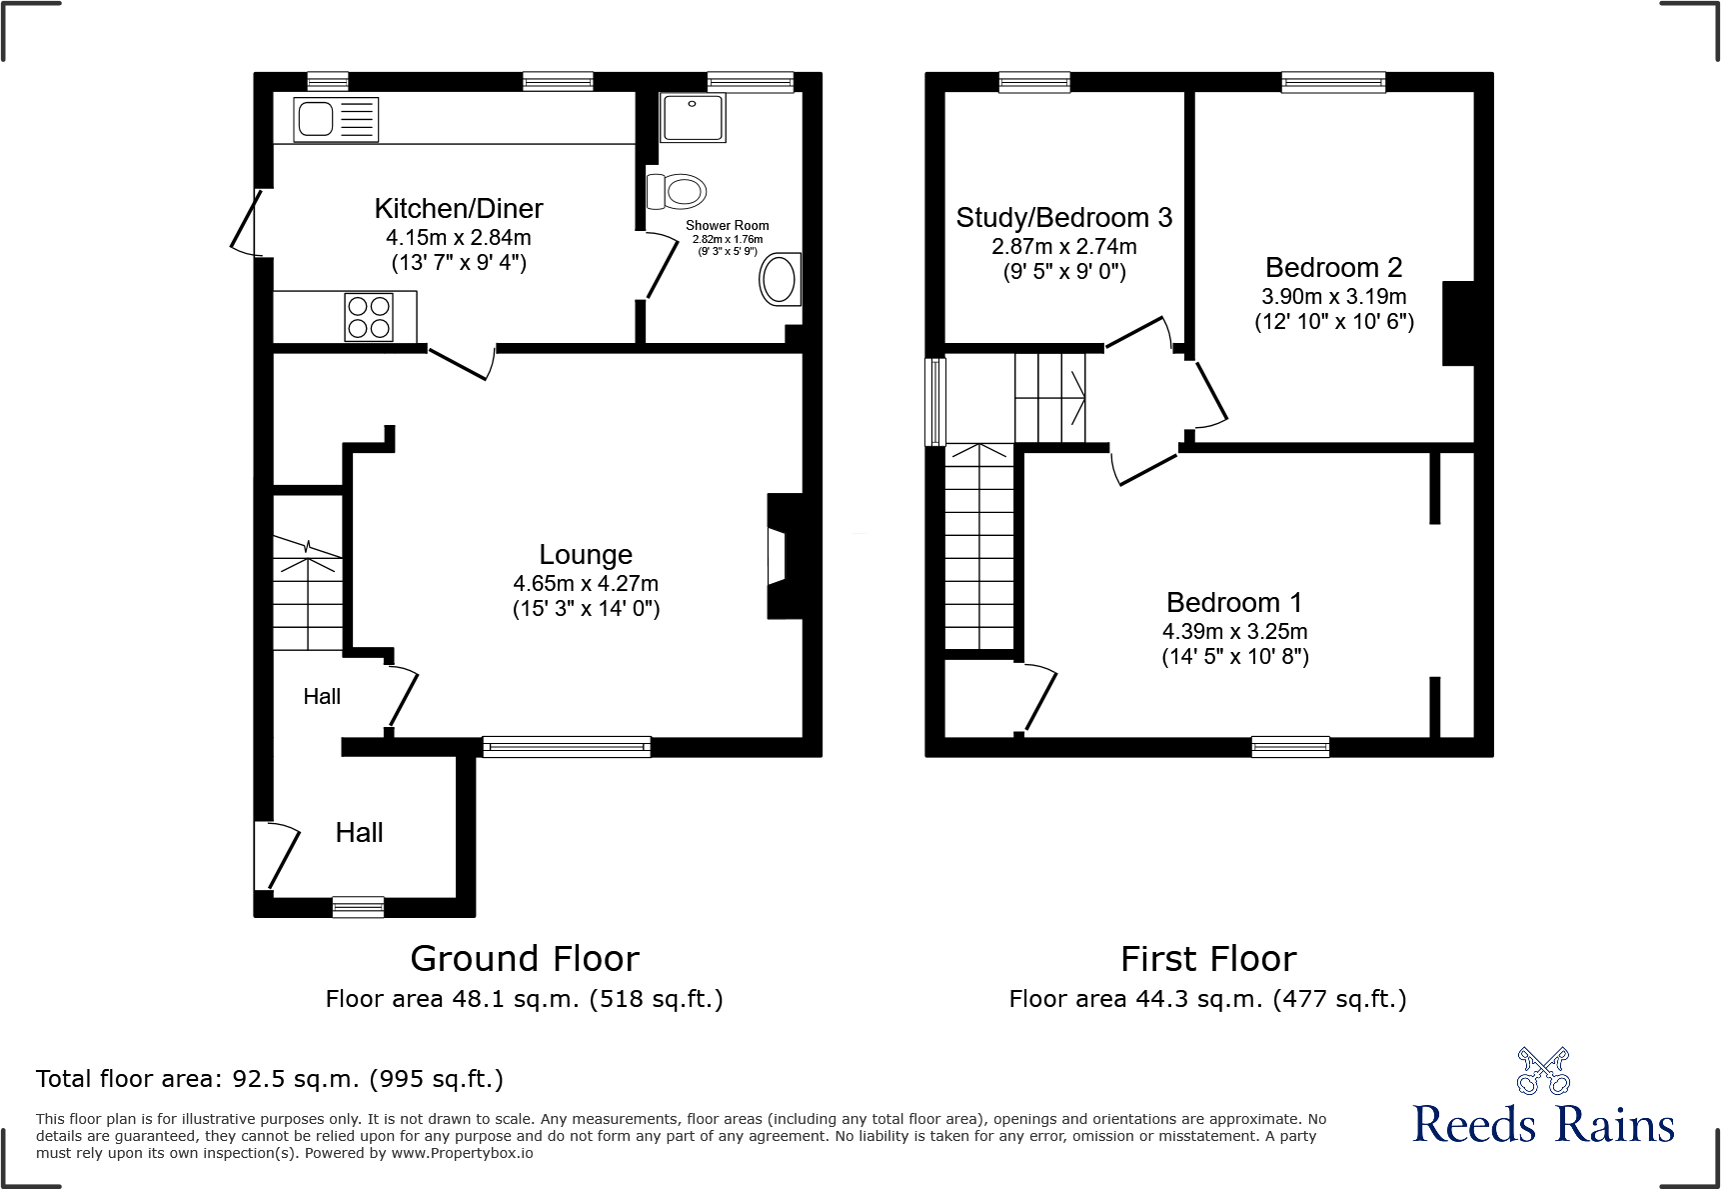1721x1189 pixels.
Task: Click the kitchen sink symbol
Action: click(x=336, y=120)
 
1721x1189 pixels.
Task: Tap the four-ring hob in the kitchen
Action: click(x=369, y=317)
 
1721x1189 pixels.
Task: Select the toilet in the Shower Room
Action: click(x=677, y=190)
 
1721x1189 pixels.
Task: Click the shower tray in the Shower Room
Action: click(x=693, y=118)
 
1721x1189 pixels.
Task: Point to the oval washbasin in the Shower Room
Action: click(x=780, y=279)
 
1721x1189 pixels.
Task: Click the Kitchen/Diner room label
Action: click(x=459, y=208)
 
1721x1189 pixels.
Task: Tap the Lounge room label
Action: click(x=586, y=555)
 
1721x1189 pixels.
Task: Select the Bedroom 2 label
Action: click(x=1333, y=268)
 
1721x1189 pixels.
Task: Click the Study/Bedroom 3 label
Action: click(x=1063, y=218)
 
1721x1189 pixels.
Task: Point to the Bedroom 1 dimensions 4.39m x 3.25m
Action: click(x=1234, y=632)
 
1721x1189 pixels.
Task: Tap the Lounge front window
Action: click(x=567, y=746)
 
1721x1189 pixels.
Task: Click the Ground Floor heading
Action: click(x=525, y=959)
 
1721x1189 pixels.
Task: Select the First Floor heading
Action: click(x=1208, y=959)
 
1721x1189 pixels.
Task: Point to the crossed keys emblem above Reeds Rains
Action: click(x=1543, y=1071)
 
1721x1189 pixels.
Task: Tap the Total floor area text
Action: click(x=270, y=1079)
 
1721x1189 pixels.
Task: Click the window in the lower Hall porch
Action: click(x=358, y=907)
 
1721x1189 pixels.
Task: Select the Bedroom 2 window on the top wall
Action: click(x=1333, y=82)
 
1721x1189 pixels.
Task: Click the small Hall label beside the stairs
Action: click(x=322, y=697)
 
